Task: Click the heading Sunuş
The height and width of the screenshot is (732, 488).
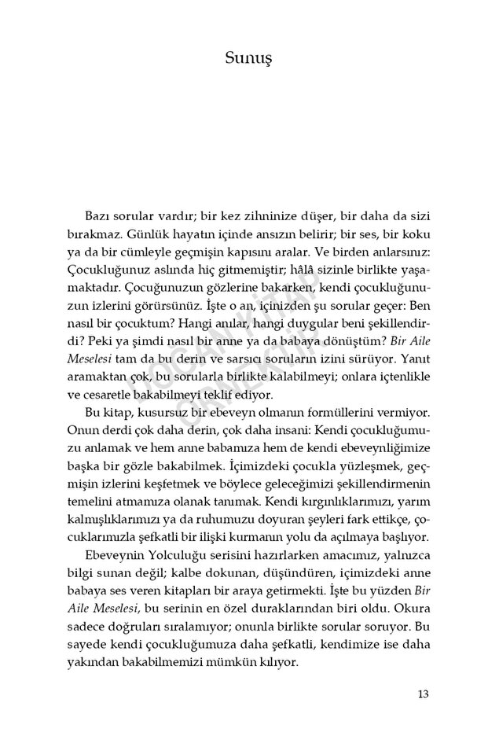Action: pyautogui.click(x=244, y=59)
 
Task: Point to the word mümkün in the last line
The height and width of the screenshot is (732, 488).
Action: pyautogui.click(x=244, y=670)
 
